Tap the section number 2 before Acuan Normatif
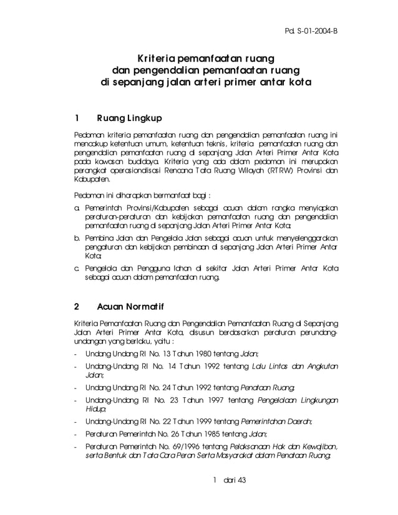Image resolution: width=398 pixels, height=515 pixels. (x=76, y=306)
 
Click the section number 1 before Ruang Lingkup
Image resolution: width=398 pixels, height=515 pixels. (x=76, y=118)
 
